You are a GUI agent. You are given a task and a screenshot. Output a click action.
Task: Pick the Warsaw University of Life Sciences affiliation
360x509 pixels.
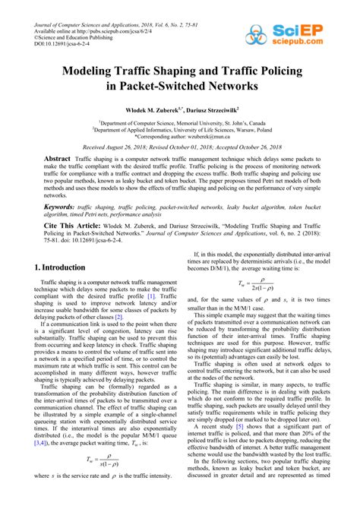click(179, 130)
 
